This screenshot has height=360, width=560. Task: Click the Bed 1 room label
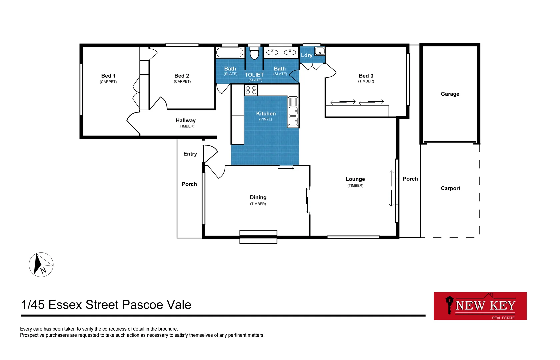pyautogui.click(x=108, y=76)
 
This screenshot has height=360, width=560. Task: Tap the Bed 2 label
pyautogui.click(x=182, y=76)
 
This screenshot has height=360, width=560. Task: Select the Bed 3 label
pyautogui.click(x=366, y=76)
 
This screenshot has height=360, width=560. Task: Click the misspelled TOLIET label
pyautogui.click(x=254, y=75)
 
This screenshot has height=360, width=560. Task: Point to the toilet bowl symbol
pyautogui.click(x=254, y=53)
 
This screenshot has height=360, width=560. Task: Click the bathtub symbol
pyautogui.click(x=230, y=53)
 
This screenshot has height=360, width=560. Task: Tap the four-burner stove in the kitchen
pyautogui.click(x=251, y=90)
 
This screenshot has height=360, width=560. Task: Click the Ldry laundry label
pyautogui.click(x=307, y=55)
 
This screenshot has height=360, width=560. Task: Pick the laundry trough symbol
pyautogui.click(x=320, y=51)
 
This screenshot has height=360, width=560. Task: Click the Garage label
pyautogui.click(x=450, y=94)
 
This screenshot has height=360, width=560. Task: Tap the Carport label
pyautogui.click(x=450, y=188)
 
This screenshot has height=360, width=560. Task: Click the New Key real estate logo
pyautogui.click(x=480, y=306)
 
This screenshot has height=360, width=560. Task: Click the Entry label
pyautogui.click(x=190, y=154)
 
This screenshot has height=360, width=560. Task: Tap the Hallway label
pyautogui.click(x=186, y=121)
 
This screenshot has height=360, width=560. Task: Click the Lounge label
pyautogui.click(x=355, y=179)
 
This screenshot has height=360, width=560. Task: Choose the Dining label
pyautogui.click(x=258, y=198)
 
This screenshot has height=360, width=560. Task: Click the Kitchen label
pyautogui.click(x=266, y=114)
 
